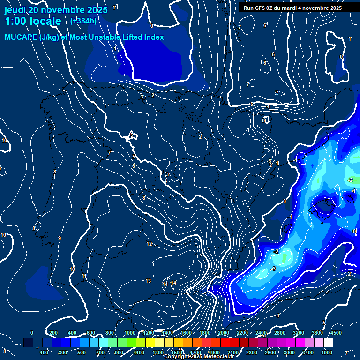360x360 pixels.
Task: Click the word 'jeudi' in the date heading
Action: pyautogui.click(x=15, y=10)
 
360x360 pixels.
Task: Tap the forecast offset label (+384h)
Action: pyautogui.click(x=83, y=21)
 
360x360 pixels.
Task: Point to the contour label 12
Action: pyautogui.click(x=149, y=244)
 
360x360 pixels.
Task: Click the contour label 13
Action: pyautogui.click(x=148, y=281)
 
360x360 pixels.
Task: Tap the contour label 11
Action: pyautogui.click(x=84, y=276)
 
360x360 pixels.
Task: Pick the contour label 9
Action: pyautogui.click(x=59, y=239)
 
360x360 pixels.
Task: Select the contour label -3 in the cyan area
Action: pyautogui.click(x=273, y=269)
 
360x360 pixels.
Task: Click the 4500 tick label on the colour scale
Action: pyautogui.click(x=336, y=333)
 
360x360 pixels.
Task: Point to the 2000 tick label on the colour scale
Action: pyautogui.click(x=224, y=333)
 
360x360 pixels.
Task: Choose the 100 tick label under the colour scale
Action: pyautogui.click(x=45, y=352)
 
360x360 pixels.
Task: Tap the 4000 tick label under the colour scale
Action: pyautogui.click(x=327, y=352)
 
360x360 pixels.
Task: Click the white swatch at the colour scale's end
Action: pyautogui.click(x=328, y=343)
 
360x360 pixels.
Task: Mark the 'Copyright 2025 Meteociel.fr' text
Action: pyautogui.click(x=199, y=357)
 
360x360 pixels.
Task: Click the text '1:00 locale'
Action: pyautogui.click(x=33, y=22)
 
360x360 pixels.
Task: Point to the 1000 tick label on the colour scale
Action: pyautogui.click(x=130, y=333)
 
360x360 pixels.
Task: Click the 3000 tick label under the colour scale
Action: pyautogui.click(x=289, y=352)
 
